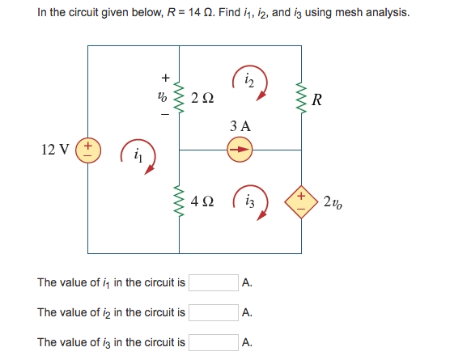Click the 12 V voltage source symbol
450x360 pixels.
coord(87,150)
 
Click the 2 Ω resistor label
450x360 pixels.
coord(203,99)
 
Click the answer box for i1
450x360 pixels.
coord(214,283)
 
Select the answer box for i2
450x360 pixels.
coord(214,312)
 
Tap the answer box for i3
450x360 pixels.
coord(214,341)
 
